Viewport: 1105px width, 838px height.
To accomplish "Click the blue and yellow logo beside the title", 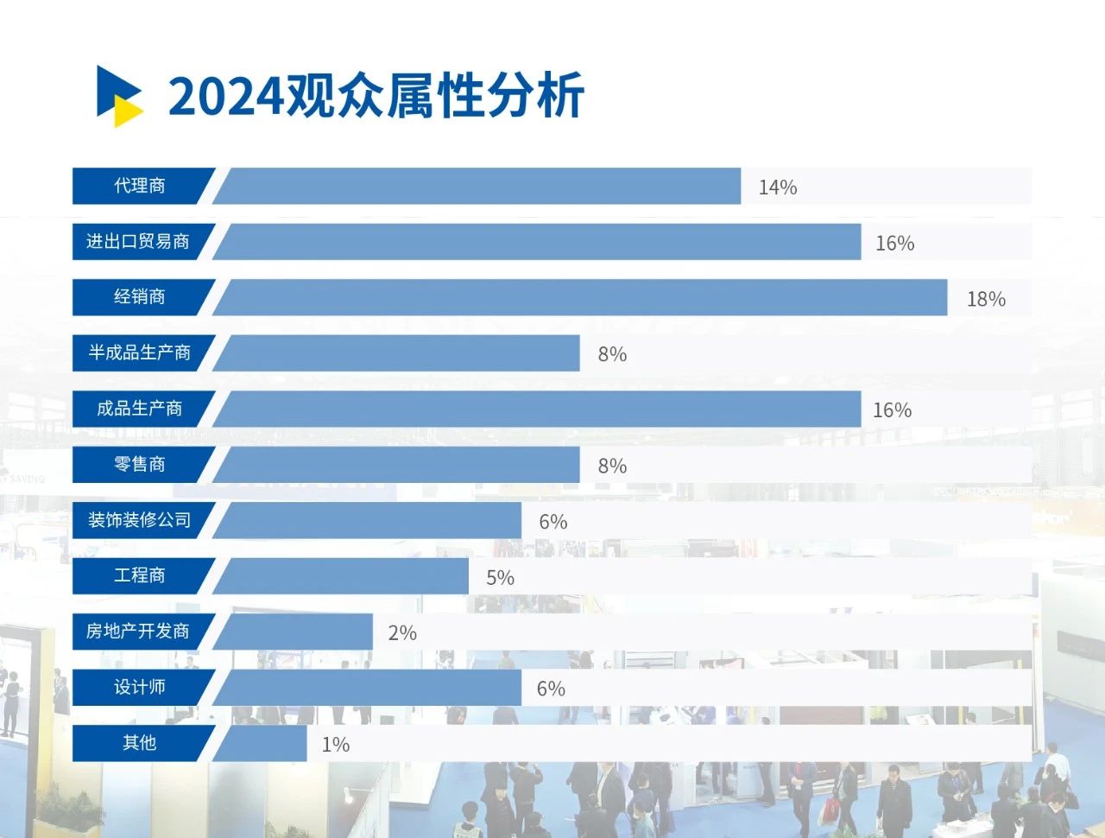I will tap(119, 95).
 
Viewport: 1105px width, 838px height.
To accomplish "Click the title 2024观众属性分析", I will tap(376, 95).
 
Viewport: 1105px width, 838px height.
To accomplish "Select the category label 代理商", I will tap(140, 186).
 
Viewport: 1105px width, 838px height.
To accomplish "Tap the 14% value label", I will tap(777, 187).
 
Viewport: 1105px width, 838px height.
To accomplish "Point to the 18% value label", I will tap(986, 299).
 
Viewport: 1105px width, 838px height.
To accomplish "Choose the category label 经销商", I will tap(140, 297).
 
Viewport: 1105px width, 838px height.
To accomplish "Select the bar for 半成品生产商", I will tap(397, 353).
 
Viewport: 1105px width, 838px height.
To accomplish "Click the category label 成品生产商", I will tap(140, 409).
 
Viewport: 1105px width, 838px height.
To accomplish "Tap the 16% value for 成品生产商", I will tap(892, 410).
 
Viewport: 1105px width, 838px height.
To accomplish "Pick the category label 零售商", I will tap(140, 465).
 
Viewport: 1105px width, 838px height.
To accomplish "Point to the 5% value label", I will tap(500, 578).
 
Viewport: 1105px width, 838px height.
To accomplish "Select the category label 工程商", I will tap(140, 575).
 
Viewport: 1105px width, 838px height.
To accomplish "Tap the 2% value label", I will tap(402, 633).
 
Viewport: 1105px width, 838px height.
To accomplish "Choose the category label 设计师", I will tap(140, 687).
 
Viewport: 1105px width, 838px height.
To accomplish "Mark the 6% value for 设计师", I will tap(551, 689).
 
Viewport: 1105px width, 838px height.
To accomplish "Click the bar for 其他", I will tap(262, 743).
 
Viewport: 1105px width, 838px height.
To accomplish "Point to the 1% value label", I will tap(335, 745).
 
